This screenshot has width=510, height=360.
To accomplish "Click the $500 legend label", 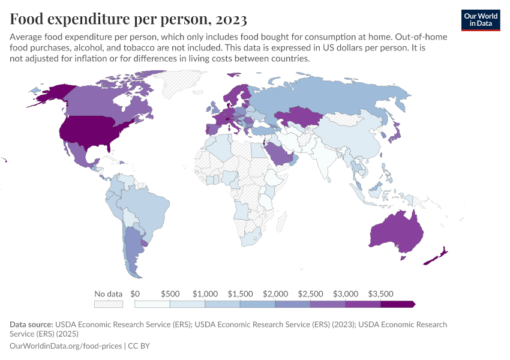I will coord(170,294).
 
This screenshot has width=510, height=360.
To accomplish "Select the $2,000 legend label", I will coord(275,294).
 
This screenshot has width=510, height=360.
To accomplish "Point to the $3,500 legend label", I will coord(380,294).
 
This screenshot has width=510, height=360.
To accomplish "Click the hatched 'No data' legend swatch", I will coord(109,304).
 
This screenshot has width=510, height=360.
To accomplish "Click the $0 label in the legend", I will coord(135,294).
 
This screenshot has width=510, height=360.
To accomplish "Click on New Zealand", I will coord(434,257).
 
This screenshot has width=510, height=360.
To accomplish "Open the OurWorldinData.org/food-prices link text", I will coord(65,346).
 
